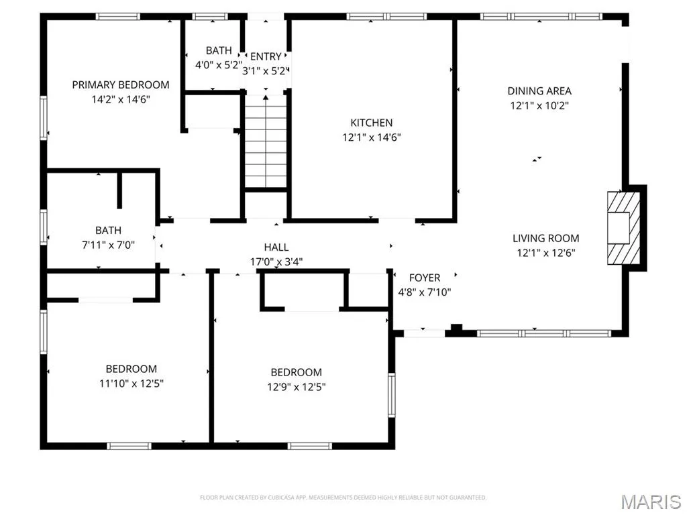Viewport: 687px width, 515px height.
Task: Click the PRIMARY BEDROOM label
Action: coord(121,85)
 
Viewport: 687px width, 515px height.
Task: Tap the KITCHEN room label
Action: coord(371,123)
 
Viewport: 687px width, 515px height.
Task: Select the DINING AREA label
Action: coord(539,91)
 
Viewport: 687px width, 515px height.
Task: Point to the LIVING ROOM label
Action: coord(546,238)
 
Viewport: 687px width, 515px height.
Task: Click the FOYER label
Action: coord(425,278)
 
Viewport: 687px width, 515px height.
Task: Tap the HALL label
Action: coord(276,247)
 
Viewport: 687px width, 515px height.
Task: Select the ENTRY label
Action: coord(266,56)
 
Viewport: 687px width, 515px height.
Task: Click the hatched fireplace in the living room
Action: coord(623,228)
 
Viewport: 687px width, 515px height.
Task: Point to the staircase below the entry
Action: coord(266,141)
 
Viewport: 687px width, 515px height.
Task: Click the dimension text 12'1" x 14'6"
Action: coord(372,137)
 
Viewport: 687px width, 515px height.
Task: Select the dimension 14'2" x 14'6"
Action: coord(121,99)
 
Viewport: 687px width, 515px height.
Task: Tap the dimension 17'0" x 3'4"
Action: coord(276,262)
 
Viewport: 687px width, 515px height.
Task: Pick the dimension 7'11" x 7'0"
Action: coord(108,245)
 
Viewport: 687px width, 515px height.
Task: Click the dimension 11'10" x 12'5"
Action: coord(131,384)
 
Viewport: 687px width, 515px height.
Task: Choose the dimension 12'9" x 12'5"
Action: coord(296,387)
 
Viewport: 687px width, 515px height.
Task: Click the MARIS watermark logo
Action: coord(651,502)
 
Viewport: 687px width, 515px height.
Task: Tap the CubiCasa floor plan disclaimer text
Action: coord(343,498)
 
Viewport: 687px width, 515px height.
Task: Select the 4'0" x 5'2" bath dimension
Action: coord(218,65)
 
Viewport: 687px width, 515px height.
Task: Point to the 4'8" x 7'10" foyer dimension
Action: coord(425,292)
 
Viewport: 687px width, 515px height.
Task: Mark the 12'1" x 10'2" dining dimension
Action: coord(539,105)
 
